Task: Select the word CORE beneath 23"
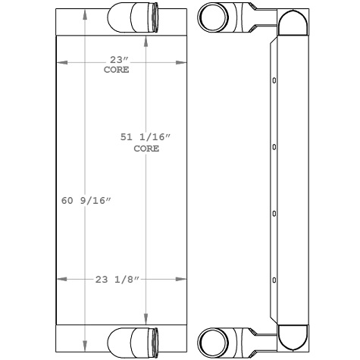pos(116,70)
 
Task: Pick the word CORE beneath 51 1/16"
pos(146,149)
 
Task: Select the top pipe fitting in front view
pos(134,16)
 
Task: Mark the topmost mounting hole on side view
pos(274,80)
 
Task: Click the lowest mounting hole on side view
pos(274,280)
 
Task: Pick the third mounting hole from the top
pos(274,214)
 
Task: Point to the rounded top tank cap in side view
pos(293,23)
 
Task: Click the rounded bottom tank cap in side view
pos(293,334)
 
